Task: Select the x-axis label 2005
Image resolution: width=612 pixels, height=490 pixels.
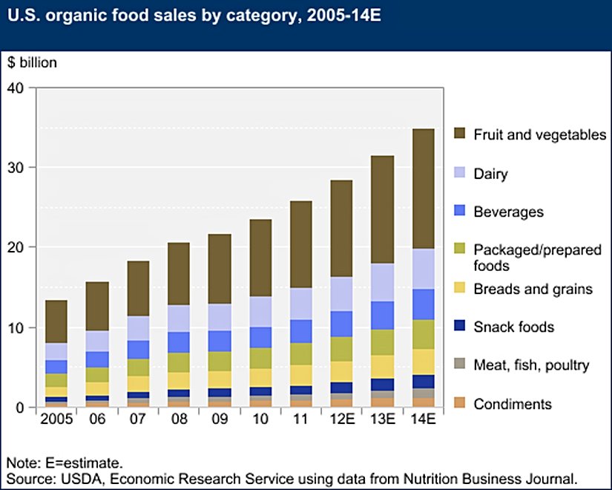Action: pyautogui.click(x=58, y=419)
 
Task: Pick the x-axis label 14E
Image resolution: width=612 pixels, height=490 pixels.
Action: pyautogui.click(x=423, y=419)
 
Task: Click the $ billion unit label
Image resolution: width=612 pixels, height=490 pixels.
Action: pyautogui.click(x=32, y=62)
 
